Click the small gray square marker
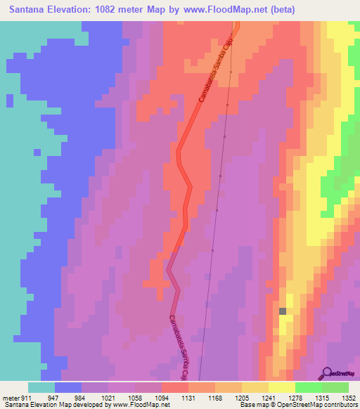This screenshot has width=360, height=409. [x=283, y=311]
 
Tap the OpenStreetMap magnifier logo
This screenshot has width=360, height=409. [x=328, y=372]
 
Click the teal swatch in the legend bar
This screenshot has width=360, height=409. [x=41, y=387]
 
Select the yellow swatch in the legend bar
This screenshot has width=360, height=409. [x=281, y=387]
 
